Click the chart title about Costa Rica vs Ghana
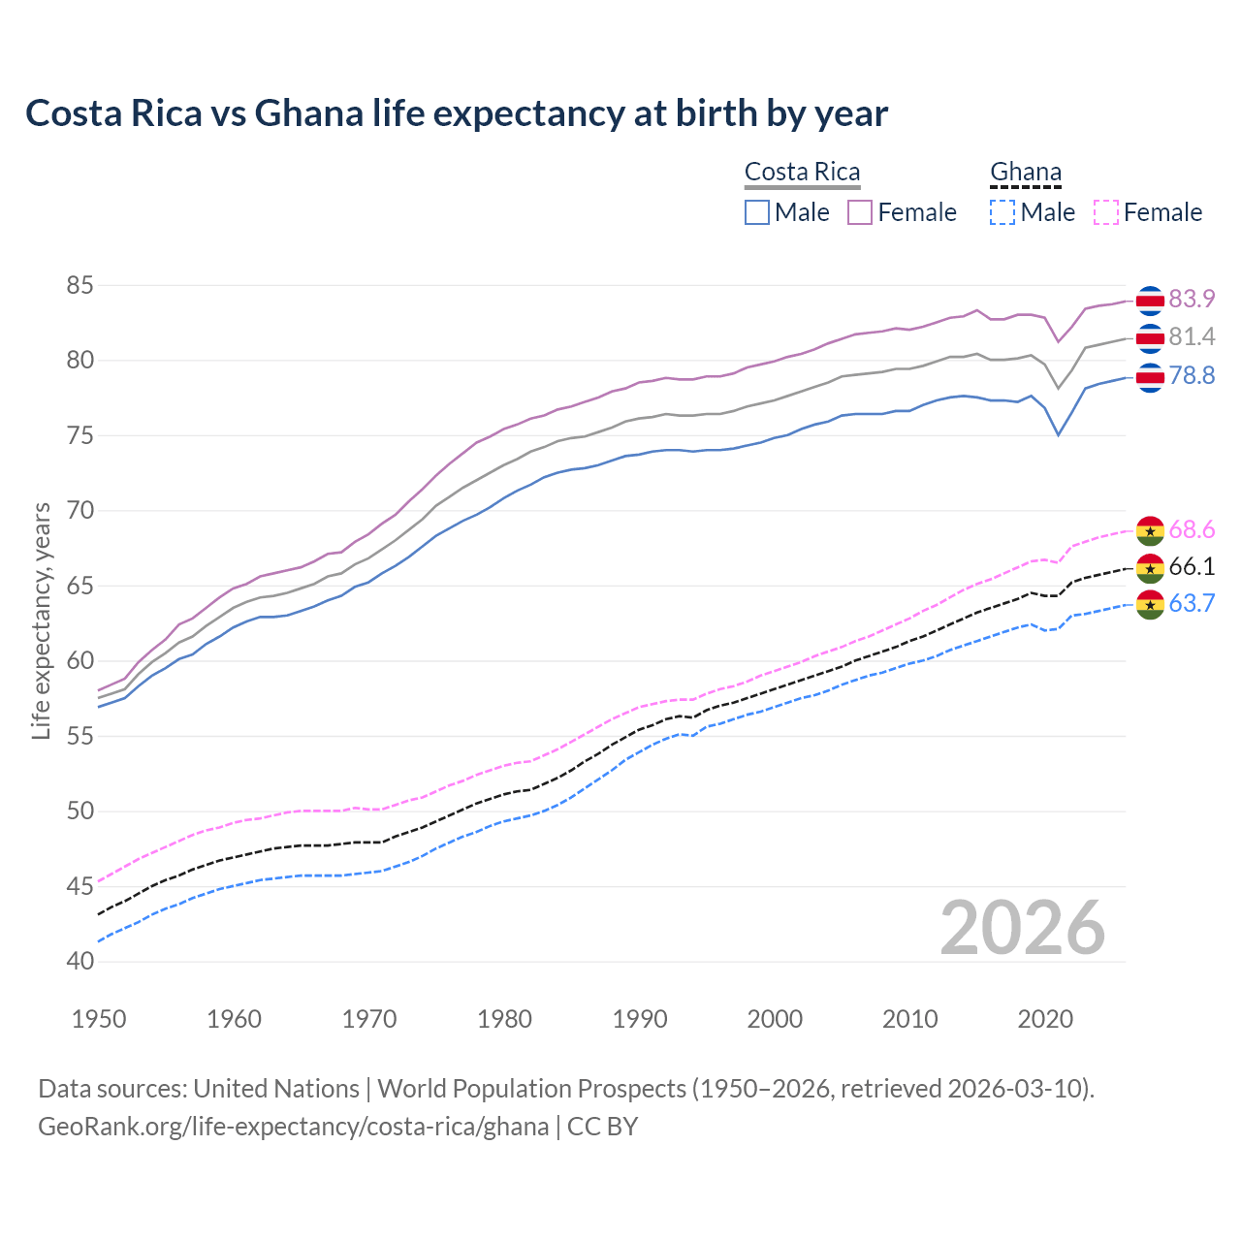pos(456,113)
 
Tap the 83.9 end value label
pos(1192,300)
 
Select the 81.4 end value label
pos(1192,337)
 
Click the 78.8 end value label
pos(1192,375)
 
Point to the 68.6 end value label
pos(1192,530)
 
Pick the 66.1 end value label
pos(1192,567)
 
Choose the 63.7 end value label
pos(1192,604)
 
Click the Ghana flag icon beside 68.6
pos(1150,530)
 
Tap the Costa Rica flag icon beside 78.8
pos(1150,376)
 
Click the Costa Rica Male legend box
pos(757,212)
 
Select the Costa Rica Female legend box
pos(860,212)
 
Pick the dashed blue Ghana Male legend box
pos(1002,212)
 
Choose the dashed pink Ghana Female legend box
pos(1106,212)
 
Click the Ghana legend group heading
pos(1026,172)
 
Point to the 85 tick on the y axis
pos(80,286)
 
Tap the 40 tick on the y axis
pos(80,962)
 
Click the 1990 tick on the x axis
pos(640,1019)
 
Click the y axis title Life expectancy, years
pos(42,620)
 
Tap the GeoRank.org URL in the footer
pos(293,1127)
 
